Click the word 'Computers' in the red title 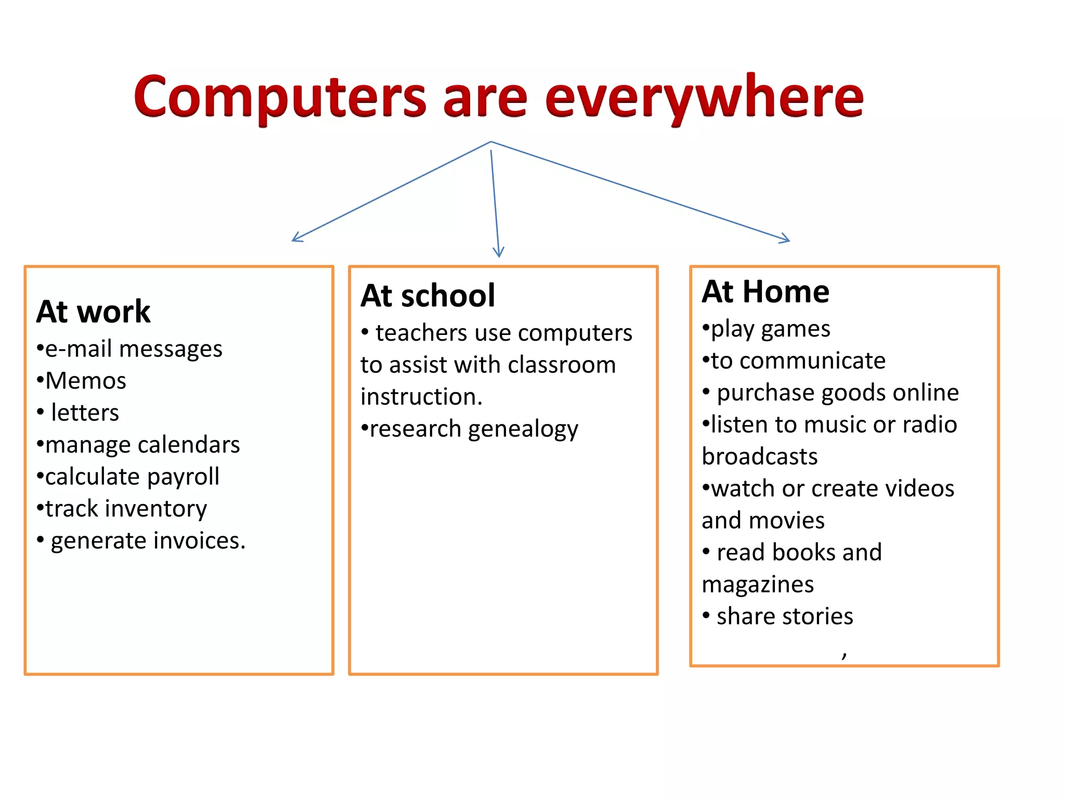pos(280,98)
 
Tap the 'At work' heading pos(94,312)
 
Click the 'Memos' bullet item pos(85,381)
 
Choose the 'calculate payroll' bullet pos(132,476)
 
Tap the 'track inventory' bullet pos(125,509)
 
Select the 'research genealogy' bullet pos(473,429)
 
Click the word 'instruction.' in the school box pos(422,397)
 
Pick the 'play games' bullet pos(770,329)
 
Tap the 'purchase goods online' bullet pos(837,393)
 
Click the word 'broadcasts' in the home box pos(760,457)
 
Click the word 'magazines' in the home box pos(758,585)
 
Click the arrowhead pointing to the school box pos(498,253)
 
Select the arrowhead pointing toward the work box pos(297,238)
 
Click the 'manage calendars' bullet pos(142,445)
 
